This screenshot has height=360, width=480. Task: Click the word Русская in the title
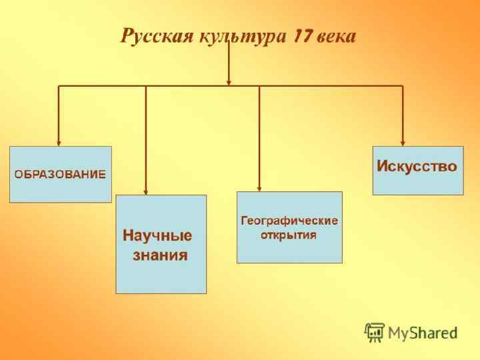point(156,36)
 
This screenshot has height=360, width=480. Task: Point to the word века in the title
point(337,36)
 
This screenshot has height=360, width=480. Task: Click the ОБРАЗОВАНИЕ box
point(60,174)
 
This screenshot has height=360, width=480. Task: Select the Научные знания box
point(161,244)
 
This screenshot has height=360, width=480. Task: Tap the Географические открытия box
point(289,227)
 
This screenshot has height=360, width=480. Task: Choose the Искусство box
point(417,171)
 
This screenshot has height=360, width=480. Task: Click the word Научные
point(157,235)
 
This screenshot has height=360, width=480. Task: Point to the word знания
point(160,255)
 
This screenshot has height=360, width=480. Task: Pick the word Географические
point(289,221)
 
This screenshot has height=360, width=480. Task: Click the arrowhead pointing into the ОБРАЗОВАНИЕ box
point(59,142)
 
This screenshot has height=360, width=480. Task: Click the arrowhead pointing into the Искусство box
point(402,142)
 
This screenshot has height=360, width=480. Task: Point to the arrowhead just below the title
point(229,82)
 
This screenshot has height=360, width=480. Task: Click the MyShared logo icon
point(375,331)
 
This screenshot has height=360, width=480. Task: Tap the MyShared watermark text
point(423,332)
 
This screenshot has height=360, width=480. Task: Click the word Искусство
point(417,166)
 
